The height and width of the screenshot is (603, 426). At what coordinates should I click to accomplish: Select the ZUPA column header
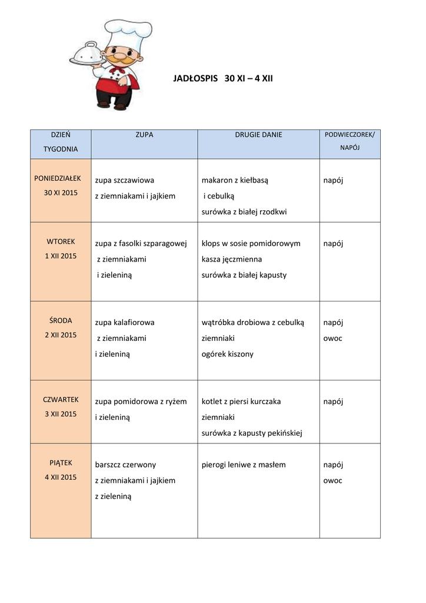[144, 135]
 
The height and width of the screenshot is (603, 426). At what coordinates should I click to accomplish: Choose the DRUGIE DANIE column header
[258, 135]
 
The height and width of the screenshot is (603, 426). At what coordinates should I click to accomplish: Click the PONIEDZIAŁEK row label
[61, 177]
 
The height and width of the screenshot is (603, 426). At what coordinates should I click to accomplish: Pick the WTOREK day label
[61, 241]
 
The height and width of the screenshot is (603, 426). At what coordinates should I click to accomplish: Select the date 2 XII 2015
[61, 335]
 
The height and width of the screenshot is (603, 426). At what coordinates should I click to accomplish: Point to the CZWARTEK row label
[61, 399]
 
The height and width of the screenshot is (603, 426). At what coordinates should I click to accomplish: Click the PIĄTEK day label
[61, 463]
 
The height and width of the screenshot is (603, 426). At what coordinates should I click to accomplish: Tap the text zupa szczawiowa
[125, 180]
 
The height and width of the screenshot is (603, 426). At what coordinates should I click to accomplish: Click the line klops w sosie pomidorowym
[251, 243]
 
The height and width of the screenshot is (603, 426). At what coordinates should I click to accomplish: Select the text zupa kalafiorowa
[125, 323]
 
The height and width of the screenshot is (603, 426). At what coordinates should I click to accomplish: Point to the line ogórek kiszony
[228, 354]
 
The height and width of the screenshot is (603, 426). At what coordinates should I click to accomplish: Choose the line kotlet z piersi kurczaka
[241, 402]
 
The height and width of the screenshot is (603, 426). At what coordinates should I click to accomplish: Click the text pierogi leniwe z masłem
[244, 465]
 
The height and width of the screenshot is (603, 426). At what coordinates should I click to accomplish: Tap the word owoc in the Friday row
[332, 481]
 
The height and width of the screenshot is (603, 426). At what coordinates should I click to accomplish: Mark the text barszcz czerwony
[125, 465]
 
